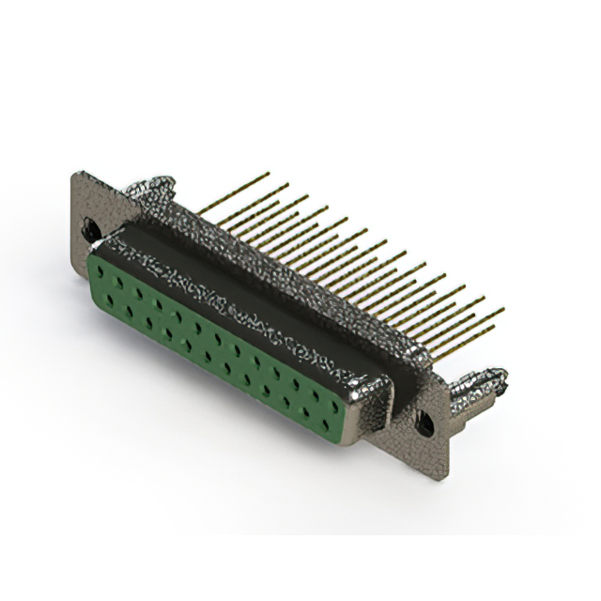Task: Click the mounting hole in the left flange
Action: click(x=91, y=226)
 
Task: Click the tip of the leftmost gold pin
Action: click(x=268, y=174)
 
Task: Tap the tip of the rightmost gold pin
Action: click(x=502, y=309)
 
